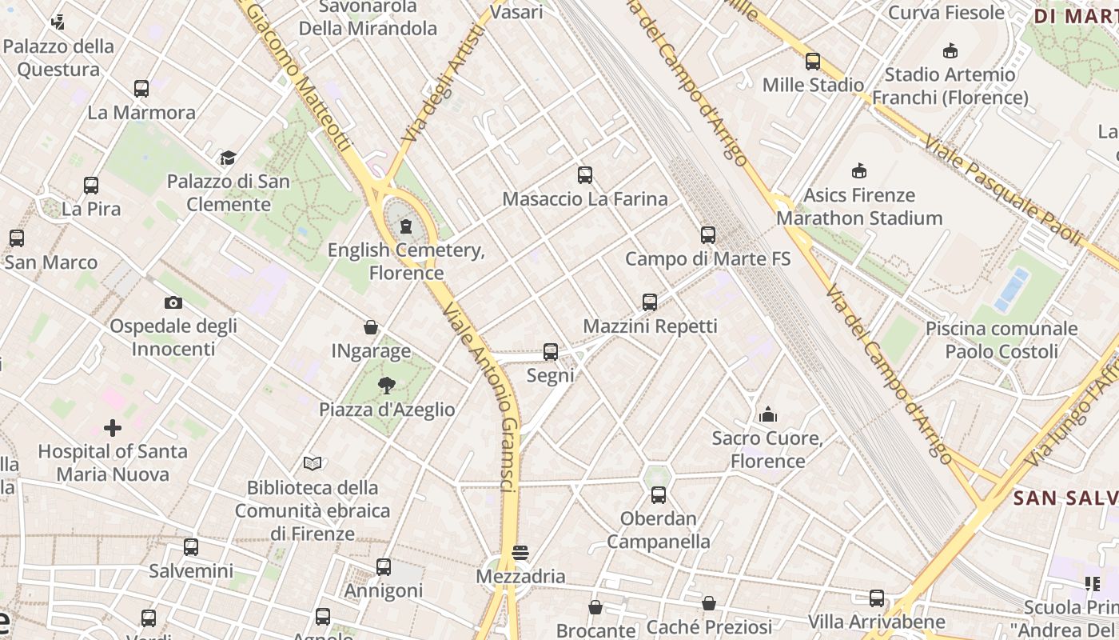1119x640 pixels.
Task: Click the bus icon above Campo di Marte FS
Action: coord(707,235)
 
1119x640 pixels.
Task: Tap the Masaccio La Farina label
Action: coord(584,199)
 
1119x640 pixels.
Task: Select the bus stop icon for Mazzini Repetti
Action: coord(650,302)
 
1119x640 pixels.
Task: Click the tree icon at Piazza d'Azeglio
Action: coord(387,386)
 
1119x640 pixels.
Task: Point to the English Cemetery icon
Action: coord(406,226)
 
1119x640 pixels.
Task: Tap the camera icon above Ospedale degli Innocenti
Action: coord(173,302)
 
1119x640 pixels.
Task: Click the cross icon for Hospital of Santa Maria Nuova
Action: coord(113,428)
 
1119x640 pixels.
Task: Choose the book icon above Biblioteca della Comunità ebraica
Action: coord(313,463)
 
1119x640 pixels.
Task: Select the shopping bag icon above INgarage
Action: coord(371,326)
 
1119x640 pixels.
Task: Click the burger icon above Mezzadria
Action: coord(520,553)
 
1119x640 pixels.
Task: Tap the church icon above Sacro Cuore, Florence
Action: coord(768,414)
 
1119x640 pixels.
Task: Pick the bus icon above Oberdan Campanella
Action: coord(658,495)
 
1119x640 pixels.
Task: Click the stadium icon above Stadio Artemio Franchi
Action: coord(950,51)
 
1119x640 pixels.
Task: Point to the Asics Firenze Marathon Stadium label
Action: coord(860,206)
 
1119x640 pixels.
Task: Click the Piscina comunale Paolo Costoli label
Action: coord(1001,340)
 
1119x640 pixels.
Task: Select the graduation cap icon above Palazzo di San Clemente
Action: coord(229,158)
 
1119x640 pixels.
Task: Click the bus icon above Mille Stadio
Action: coord(813,61)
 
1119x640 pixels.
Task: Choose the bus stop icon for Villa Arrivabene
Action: coord(877,598)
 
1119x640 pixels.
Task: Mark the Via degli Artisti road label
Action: coord(445,83)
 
